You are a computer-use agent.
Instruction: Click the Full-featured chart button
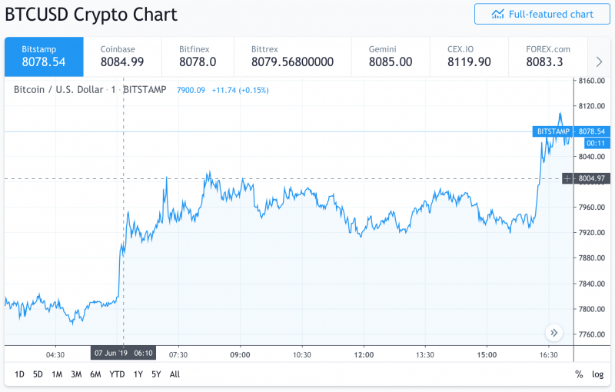click(542, 14)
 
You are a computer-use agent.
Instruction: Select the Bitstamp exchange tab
click(43, 56)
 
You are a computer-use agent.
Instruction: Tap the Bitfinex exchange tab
click(198, 56)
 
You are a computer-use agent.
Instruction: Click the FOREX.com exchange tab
click(549, 56)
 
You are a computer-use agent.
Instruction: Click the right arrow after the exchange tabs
click(599, 61)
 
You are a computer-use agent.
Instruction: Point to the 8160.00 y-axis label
click(592, 81)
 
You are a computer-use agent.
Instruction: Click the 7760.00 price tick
click(592, 334)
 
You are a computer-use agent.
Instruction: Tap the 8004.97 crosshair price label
click(592, 179)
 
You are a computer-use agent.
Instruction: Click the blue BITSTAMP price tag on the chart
click(553, 131)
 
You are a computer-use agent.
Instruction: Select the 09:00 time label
click(240, 354)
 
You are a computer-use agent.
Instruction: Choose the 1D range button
click(18, 374)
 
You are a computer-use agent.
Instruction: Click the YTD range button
click(117, 374)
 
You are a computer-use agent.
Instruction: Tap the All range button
click(175, 374)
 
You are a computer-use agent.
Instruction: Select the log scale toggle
click(597, 374)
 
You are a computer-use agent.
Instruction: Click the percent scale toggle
click(579, 374)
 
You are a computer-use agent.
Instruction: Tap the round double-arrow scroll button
click(554, 333)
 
